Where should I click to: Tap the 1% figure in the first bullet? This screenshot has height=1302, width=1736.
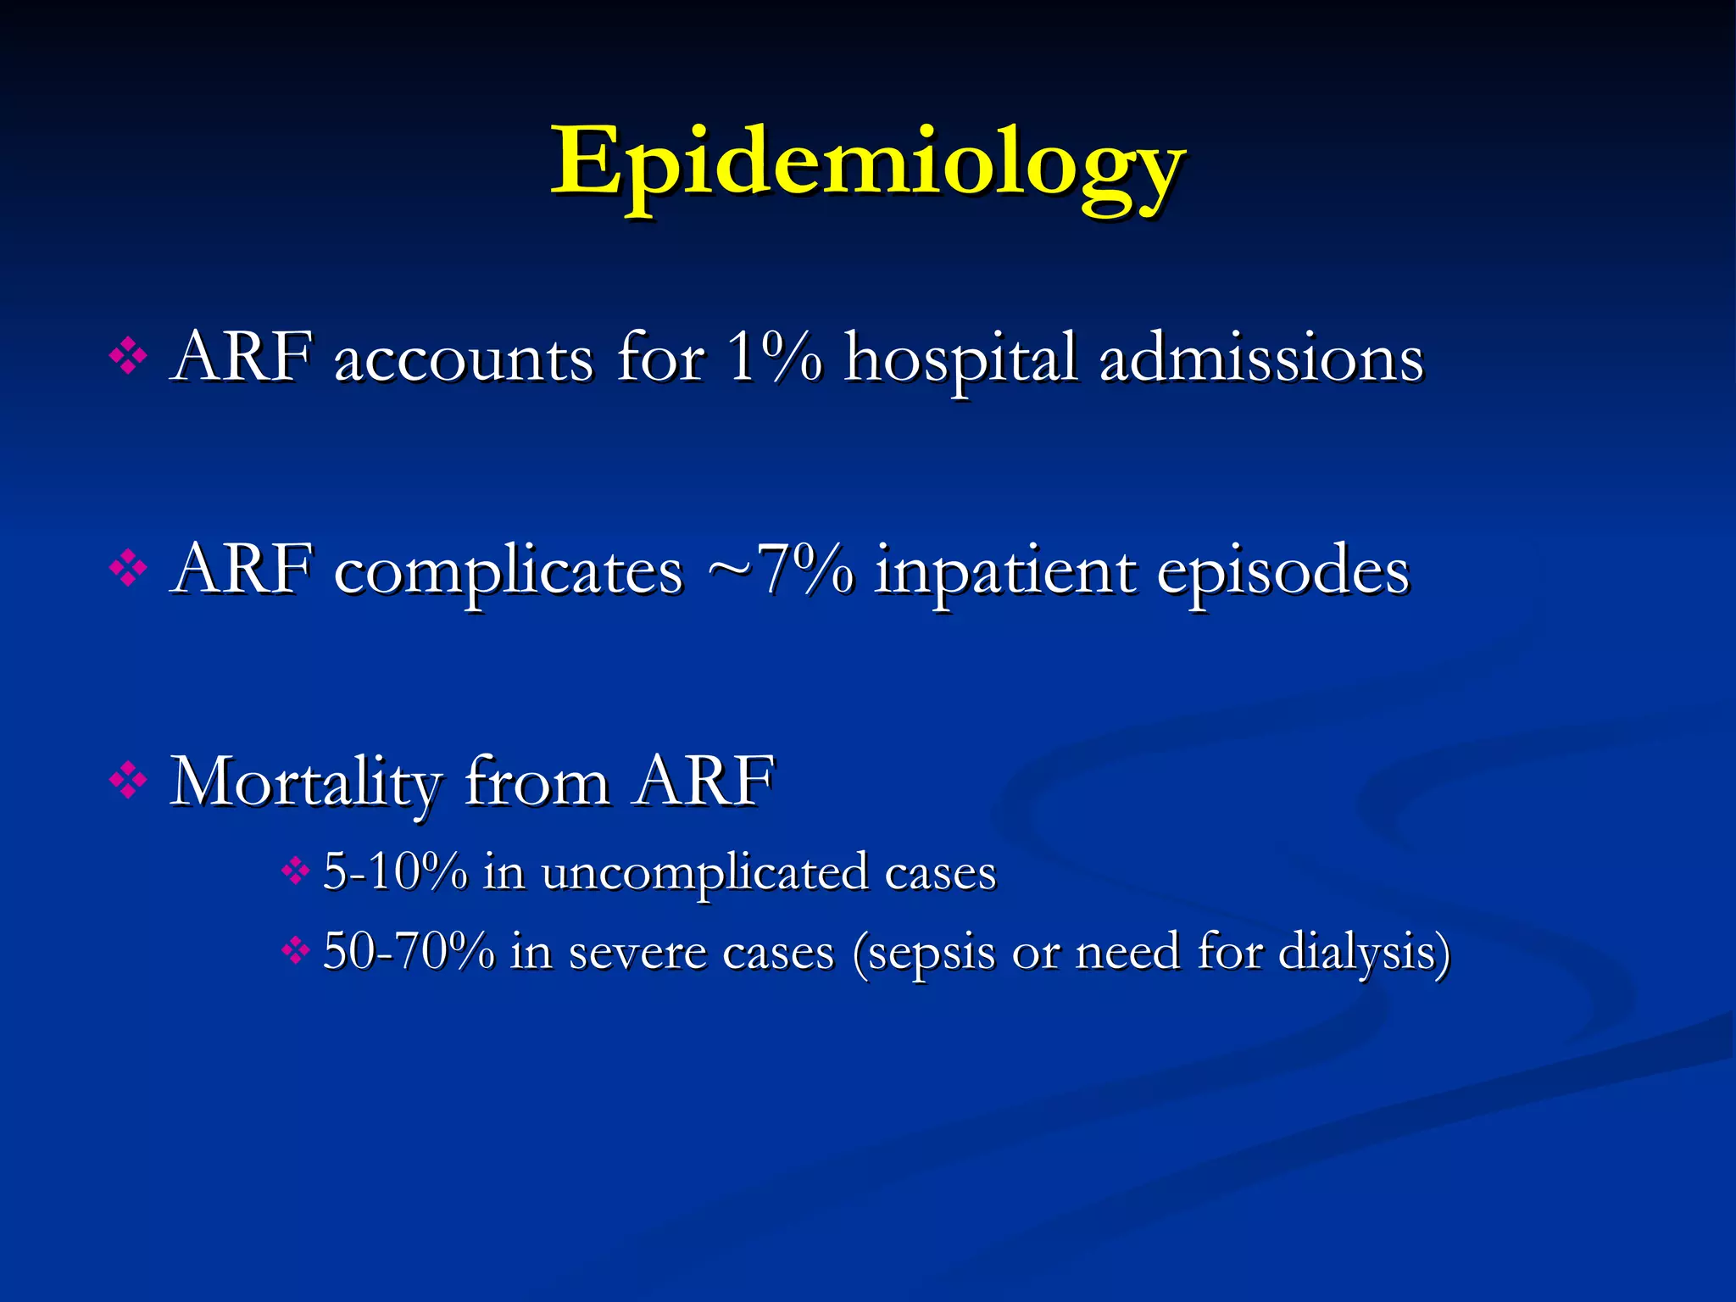pyautogui.click(x=774, y=359)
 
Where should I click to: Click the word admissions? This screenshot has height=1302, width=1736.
pyautogui.click(x=1260, y=359)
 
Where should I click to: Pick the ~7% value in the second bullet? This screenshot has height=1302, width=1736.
pyautogui.click(x=781, y=570)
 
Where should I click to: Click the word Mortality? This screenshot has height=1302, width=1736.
pyautogui.click(x=306, y=782)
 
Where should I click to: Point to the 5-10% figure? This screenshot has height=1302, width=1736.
pyautogui.click(x=395, y=871)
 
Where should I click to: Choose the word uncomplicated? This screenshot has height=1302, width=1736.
pyautogui.click(x=704, y=873)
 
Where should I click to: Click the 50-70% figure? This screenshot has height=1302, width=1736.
pyautogui.click(x=409, y=951)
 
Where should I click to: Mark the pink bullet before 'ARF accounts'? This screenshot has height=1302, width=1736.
pyautogui.click(x=128, y=357)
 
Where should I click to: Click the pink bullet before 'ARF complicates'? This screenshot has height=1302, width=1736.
pyautogui.click(x=128, y=569)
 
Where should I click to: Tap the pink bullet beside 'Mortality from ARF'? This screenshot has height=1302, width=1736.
pyautogui.click(x=128, y=780)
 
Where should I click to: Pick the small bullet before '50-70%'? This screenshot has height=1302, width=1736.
pyautogui.click(x=295, y=950)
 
